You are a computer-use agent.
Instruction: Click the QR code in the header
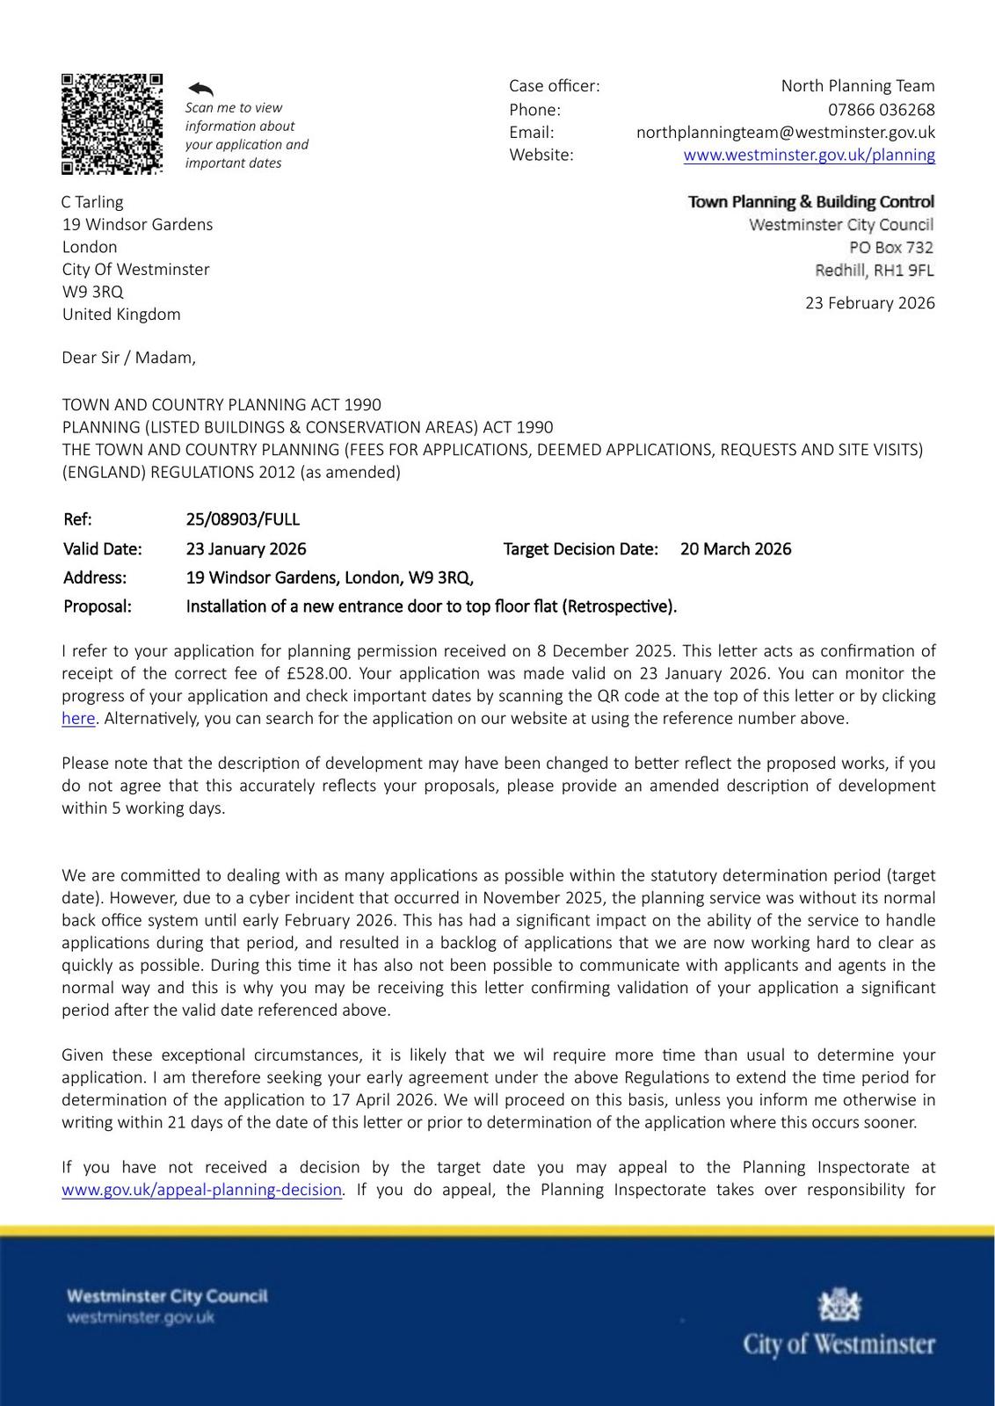point(112,124)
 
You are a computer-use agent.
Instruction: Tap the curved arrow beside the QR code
point(200,89)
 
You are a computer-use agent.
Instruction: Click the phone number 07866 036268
point(881,110)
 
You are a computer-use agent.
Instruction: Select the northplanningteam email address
point(785,133)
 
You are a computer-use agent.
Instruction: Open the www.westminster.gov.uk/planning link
point(809,156)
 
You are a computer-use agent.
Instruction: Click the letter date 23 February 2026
point(869,303)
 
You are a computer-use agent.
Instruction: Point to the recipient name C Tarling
point(92,202)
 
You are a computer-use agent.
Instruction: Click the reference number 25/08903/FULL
point(243,519)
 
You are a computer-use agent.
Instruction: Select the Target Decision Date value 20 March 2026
point(735,549)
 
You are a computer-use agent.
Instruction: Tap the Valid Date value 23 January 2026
point(246,549)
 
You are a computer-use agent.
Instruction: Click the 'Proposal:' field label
point(97,606)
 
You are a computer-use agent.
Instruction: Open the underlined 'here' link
point(78,719)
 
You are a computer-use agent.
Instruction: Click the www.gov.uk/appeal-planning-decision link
point(201,1190)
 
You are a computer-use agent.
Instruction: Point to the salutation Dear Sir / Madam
point(128,358)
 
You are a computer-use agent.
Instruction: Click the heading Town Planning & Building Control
point(810,202)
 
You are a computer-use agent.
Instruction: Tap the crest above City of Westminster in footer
point(839,1306)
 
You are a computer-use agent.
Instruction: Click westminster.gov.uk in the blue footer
point(141,1317)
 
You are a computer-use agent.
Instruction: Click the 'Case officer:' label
point(554,86)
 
